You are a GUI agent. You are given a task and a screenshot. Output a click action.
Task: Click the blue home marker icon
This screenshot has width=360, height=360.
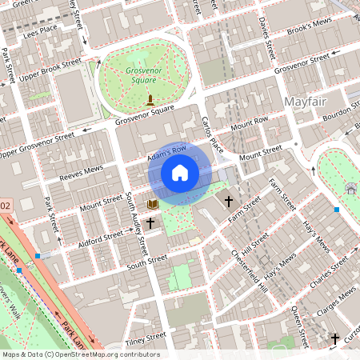point(180,172)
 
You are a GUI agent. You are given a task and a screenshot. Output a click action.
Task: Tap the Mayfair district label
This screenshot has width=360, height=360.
point(306,102)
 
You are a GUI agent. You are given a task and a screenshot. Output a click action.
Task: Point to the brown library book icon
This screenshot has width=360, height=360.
point(153,205)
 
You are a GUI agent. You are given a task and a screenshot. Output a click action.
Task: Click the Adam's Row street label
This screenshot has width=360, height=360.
point(167,154)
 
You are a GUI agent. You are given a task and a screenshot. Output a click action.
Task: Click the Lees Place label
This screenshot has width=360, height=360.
point(41,30)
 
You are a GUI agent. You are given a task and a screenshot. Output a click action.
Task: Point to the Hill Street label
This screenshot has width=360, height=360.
point(257,242)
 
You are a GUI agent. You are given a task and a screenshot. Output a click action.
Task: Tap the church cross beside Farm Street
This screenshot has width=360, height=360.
point(229,200)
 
